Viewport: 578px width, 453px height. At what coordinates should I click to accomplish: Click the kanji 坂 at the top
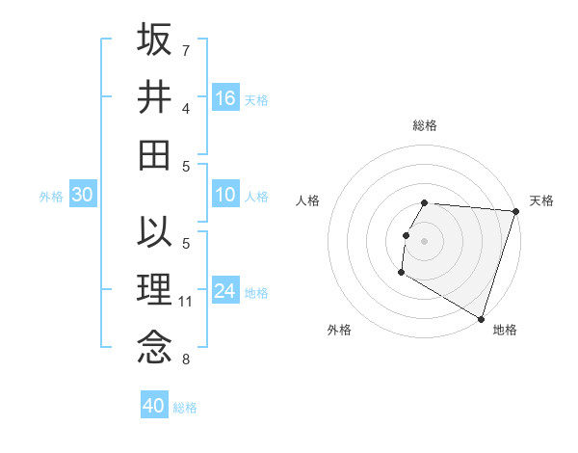(154, 40)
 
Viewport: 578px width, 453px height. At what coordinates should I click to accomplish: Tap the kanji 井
(154, 96)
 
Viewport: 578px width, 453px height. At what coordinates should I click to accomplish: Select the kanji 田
(154, 154)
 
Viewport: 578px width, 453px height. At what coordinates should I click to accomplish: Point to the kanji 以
(154, 233)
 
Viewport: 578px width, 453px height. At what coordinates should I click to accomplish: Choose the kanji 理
(154, 289)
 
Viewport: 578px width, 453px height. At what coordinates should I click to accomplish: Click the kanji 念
(154, 347)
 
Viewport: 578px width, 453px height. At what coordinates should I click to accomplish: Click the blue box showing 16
(225, 97)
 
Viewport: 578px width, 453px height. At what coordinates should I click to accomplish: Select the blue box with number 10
(225, 196)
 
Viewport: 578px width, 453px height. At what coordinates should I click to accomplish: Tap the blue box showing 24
(225, 291)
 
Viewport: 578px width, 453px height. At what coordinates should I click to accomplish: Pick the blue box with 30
(82, 196)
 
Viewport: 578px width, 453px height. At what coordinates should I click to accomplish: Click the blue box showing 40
(154, 406)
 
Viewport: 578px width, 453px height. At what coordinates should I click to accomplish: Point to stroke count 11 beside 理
(186, 302)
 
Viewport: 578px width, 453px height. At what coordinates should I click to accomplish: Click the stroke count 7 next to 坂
(186, 49)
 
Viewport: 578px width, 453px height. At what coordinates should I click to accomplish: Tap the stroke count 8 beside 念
(186, 360)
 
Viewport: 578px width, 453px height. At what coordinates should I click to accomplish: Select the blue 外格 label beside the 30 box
(51, 197)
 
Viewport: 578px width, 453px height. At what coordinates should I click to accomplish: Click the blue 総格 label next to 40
(185, 408)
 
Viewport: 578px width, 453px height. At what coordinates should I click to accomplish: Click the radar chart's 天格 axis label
(541, 200)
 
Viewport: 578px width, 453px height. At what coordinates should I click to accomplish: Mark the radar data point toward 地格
(480, 317)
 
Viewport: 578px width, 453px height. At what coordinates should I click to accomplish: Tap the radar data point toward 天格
(515, 211)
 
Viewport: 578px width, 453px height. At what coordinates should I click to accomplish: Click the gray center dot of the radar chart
(424, 241)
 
